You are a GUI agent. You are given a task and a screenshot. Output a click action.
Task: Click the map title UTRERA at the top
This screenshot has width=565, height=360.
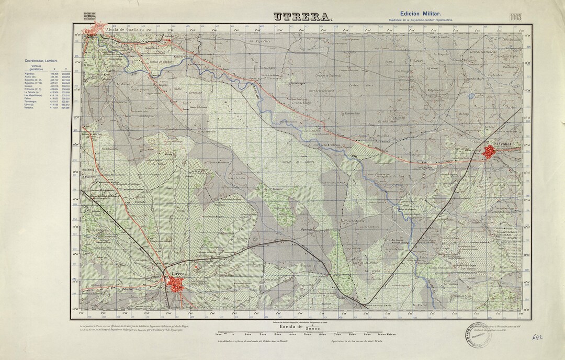click(x=303, y=17)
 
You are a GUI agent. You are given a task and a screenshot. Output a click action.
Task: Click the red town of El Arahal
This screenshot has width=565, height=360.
click(x=490, y=152)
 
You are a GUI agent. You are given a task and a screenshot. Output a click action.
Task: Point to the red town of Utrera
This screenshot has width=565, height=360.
click(x=176, y=284)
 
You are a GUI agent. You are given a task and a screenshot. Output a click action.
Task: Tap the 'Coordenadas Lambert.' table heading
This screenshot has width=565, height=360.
click(x=41, y=61)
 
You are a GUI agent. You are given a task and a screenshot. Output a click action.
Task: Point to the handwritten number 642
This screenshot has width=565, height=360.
click(x=535, y=339)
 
